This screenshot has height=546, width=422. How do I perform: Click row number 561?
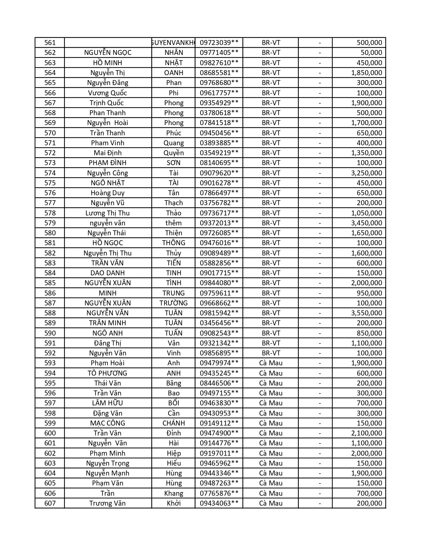(x=50, y=43)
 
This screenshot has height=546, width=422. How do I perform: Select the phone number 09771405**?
(x=219, y=53)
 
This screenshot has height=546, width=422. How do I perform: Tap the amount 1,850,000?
(x=366, y=73)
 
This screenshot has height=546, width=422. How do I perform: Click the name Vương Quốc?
(x=108, y=93)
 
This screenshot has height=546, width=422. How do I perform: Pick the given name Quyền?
(x=173, y=153)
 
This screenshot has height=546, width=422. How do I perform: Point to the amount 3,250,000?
(x=366, y=173)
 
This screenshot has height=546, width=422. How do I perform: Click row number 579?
(x=50, y=223)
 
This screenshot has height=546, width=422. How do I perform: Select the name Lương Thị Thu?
(x=108, y=213)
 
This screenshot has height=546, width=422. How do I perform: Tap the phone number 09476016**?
(x=219, y=243)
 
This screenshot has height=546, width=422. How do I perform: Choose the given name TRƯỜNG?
(x=173, y=303)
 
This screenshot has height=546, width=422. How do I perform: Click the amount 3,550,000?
(x=366, y=313)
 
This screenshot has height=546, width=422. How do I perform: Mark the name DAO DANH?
(x=108, y=273)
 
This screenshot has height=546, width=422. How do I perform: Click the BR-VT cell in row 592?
(x=271, y=353)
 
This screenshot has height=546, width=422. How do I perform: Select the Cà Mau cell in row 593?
(x=271, y=363)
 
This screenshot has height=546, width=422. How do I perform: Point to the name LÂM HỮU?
(x=108, y=403)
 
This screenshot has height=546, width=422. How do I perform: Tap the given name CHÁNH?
(x=173, y=423)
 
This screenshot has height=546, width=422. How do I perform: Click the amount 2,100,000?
(x=366, y=433)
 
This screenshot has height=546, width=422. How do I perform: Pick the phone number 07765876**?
(x=219, y=493)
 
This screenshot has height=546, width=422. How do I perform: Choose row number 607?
(x=50, y=503)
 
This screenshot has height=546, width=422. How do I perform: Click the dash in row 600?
(x=320, y=433)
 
